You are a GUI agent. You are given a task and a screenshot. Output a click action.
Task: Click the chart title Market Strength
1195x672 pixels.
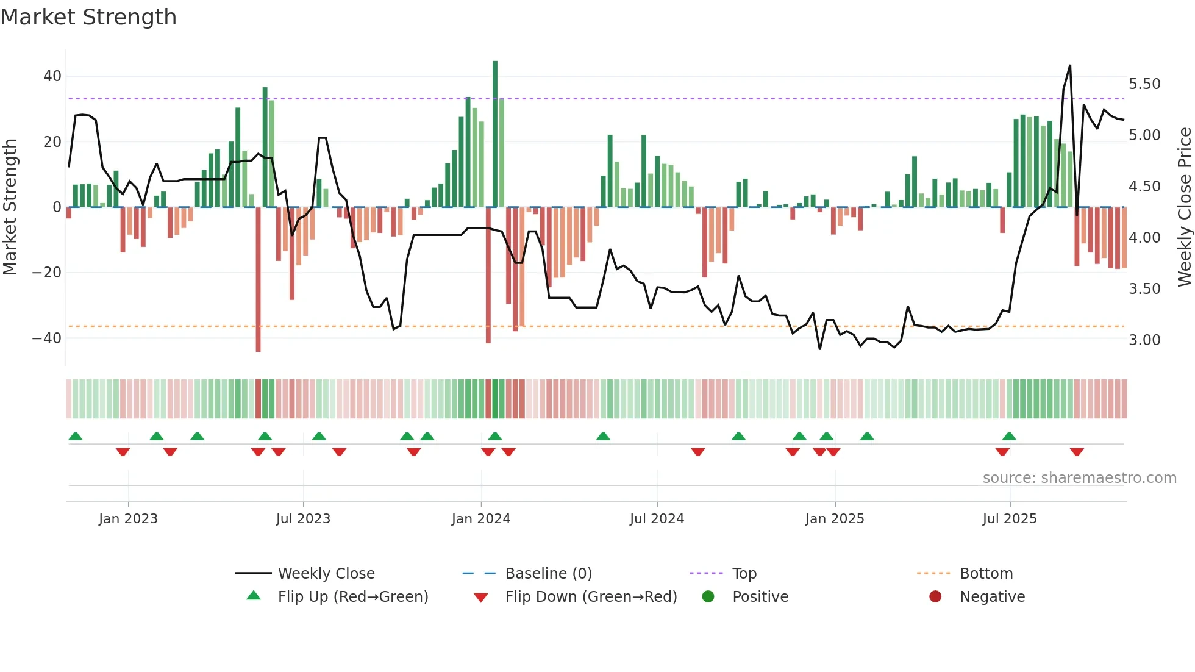[88, 17]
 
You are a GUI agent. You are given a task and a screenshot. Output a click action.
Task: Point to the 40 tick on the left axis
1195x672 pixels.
[52, 76]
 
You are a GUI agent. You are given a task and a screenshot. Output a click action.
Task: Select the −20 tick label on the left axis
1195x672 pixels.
[47, 273]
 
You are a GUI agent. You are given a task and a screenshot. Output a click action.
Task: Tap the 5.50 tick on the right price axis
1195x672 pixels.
[1144, 84]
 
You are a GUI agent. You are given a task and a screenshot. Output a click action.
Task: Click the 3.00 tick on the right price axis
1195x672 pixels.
[1144, 340]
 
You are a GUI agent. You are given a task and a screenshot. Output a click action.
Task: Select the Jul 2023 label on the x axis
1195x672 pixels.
[303, 519]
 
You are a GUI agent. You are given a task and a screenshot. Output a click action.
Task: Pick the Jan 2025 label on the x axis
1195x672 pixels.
[835, 519]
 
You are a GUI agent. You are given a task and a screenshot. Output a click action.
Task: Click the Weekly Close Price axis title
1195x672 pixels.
[1184, 207]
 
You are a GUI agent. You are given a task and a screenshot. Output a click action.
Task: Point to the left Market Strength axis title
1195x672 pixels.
[10, 207]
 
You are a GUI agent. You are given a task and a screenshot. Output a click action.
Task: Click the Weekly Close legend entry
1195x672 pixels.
[326, 574]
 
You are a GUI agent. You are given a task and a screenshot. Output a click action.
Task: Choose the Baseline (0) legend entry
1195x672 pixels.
[549, 574]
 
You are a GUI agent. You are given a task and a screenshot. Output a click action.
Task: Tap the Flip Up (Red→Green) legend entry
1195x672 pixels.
[353, 597]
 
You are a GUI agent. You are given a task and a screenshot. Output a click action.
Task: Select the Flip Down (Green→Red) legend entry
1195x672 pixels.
[591, 597]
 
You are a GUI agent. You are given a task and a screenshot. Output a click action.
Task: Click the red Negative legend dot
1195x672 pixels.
[935, 597]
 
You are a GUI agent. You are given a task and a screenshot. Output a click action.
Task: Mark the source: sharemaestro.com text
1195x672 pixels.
[1079, 478]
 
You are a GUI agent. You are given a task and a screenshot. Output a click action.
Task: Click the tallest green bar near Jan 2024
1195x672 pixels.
[495, 134]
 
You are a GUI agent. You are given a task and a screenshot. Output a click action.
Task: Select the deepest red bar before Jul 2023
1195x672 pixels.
[259, 279]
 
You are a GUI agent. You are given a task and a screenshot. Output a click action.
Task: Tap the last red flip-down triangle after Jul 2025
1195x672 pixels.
[1077, 452]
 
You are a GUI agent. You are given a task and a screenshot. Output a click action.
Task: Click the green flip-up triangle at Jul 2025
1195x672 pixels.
[1009, 437]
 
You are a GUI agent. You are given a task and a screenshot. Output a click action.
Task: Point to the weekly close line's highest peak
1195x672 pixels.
[1070, 66]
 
